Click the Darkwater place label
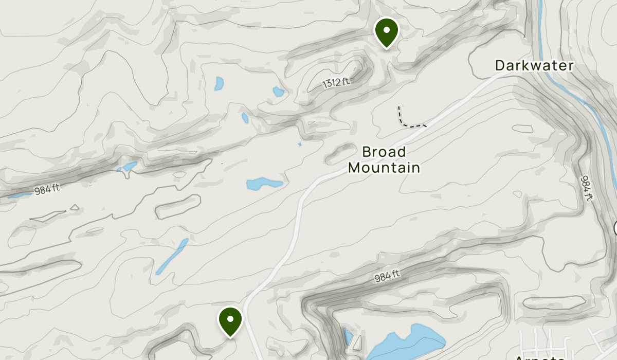534,65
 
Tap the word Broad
384,152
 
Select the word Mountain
384,168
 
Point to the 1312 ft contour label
336,82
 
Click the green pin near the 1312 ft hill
386,32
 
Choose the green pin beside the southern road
230,320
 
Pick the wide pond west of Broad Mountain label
264,183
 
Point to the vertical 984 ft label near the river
587,188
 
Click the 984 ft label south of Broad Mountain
387,276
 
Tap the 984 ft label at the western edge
47,190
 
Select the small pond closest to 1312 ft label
278,92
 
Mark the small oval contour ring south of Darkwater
522,128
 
